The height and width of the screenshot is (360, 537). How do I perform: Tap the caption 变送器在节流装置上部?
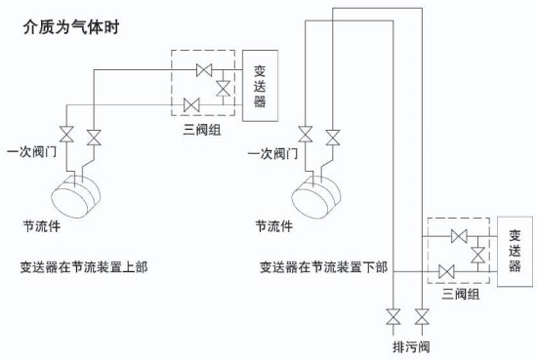click(83, 265)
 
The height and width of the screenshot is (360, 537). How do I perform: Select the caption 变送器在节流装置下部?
click(323, 265)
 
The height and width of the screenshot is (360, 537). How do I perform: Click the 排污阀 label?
click(406, 345)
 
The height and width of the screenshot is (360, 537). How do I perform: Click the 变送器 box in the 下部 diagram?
click(516, 252)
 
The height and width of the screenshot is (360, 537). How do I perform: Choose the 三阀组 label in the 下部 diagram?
click(461, 293)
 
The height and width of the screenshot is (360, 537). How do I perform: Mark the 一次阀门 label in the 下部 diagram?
click(270, 153)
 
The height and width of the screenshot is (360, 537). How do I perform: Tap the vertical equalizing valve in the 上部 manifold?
click(224, 88)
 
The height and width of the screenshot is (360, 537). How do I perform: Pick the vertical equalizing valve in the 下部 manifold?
click(477, 254)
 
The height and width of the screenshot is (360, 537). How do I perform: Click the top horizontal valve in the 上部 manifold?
click(204, 69)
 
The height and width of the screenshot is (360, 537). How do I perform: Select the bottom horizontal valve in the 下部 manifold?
click(446, 271)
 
